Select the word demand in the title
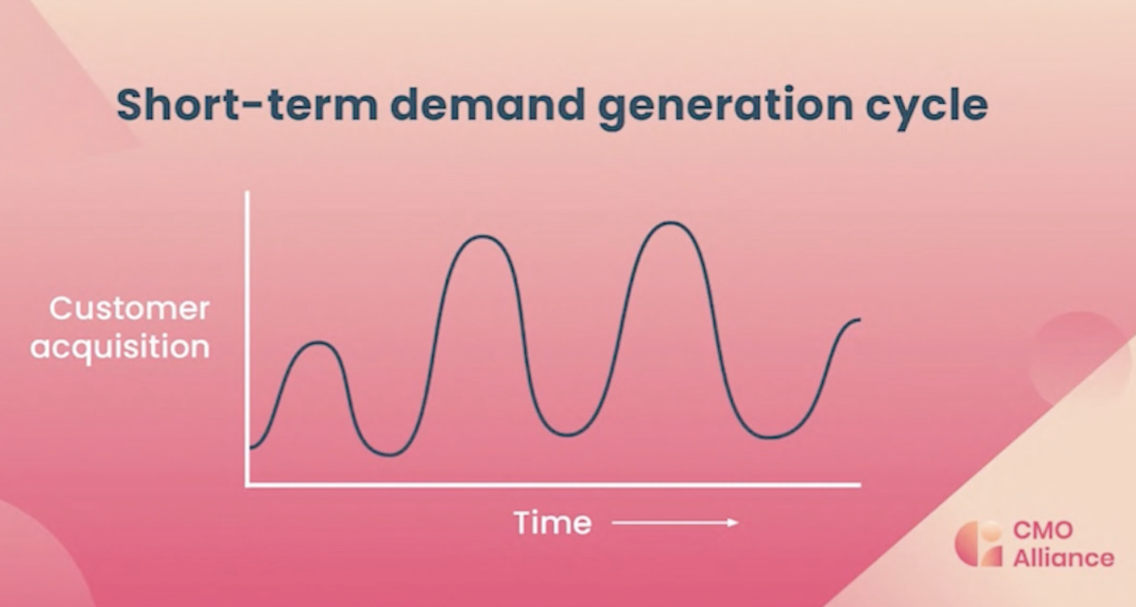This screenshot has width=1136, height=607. pos(488,105)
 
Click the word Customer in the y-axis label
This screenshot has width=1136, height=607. pos(129,308)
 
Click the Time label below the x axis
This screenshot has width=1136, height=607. pos(553,523)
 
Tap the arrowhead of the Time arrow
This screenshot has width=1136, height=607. pos(734,523)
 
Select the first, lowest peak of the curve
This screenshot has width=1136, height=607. pos(318,342)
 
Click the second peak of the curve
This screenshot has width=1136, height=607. pos(482,236)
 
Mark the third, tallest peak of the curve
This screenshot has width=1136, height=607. pos(670,222)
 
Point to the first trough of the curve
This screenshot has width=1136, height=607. pos(389,454)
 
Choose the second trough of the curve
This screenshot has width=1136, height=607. pos(568,435)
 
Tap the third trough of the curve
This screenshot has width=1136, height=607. pos(770,437)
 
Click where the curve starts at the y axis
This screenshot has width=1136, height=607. pos(251,448)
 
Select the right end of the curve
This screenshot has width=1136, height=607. pos(859,320)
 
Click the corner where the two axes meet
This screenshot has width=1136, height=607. pos(247,485)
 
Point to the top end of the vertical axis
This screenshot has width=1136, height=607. pos(247,192)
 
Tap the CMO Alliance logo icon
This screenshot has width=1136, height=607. pos(979,544)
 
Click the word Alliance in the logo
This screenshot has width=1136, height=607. pos(1064,558)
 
